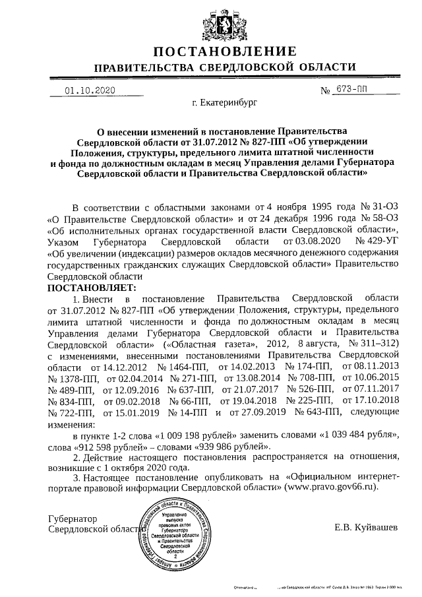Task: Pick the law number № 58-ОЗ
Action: [x=378, y=217]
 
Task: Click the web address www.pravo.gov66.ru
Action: [x=331, y=486]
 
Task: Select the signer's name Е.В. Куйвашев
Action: [x=366, y=528]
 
